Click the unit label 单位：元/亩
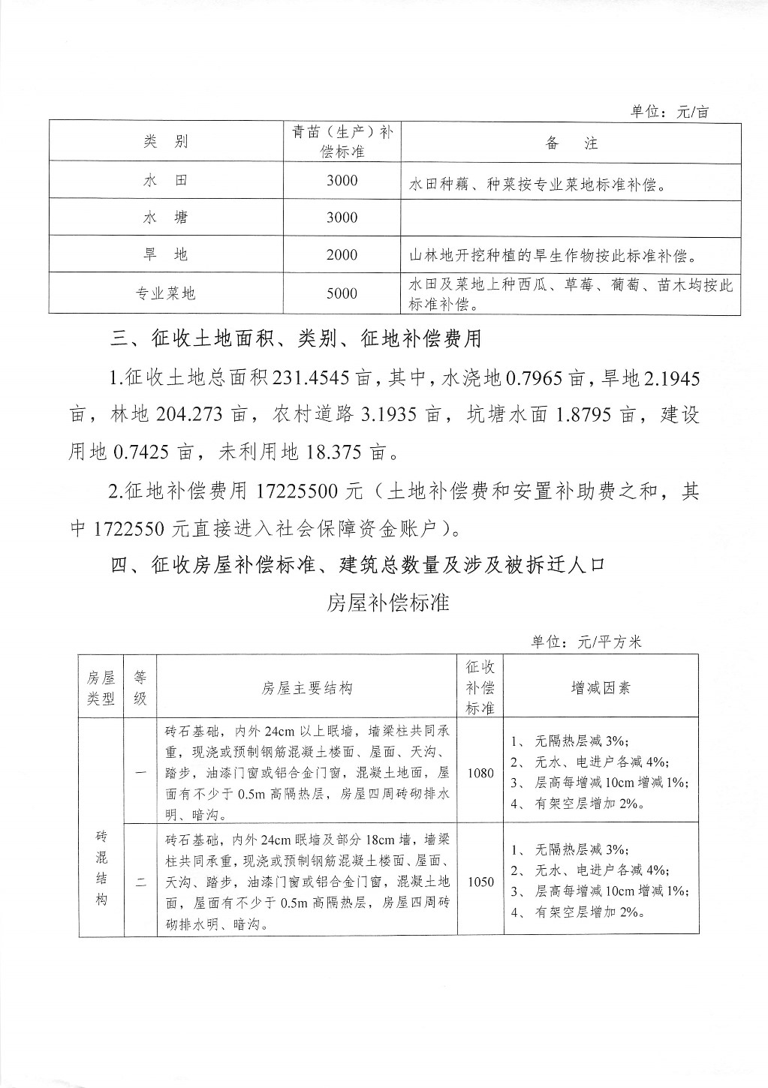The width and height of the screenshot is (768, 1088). click(x=669, y=112)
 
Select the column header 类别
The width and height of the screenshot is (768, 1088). click(x=166, y=142)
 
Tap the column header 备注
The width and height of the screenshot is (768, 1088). click(x=571, y=143)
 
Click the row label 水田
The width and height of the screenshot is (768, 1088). click(x=166, y=181)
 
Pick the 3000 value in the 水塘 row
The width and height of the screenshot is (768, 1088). click(x=342, y=218)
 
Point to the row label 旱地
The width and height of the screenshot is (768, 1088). click(x=166, y=255)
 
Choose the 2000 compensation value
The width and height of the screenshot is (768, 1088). click(x=342, y=255)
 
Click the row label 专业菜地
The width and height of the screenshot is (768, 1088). click(x=166, y=293)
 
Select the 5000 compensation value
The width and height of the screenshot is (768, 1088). click(x=342, y=293)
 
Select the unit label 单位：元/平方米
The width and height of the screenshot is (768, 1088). click(x=586, y=642)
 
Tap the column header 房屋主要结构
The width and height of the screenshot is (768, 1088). click(x=307, y=687)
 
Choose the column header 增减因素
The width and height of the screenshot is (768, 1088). click(x=601, y=687)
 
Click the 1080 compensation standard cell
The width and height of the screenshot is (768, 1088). click(x=480, y=773)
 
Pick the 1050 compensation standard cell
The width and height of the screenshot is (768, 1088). click(x=480, y=882)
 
